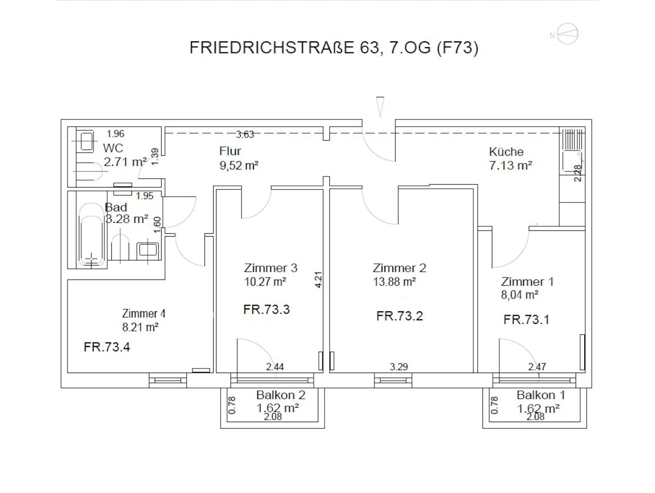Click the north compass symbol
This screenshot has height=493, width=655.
pos(567,34)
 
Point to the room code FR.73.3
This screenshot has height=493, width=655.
pos(266,309)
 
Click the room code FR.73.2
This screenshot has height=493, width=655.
pos(399,316)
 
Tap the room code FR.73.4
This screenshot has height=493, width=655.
pos(107,347)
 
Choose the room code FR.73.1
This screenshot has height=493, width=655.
pos(526,320)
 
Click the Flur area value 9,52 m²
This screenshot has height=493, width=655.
pos(239,166)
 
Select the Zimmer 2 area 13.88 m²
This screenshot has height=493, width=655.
pos(394,282)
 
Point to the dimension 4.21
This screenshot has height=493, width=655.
pos(318,280)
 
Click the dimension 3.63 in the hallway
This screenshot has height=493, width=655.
pos(245,134)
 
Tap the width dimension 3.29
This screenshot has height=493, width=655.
pos(399,367)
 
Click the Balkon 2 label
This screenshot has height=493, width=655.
pos(281,395)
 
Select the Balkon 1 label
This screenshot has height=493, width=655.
pos(541,395)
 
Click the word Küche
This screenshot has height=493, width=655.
pos(506,151)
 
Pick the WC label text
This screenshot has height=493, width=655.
pos(113,148)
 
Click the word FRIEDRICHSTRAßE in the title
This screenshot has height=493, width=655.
pos(272,48)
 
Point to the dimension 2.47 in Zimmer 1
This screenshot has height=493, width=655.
pos(537,367)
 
